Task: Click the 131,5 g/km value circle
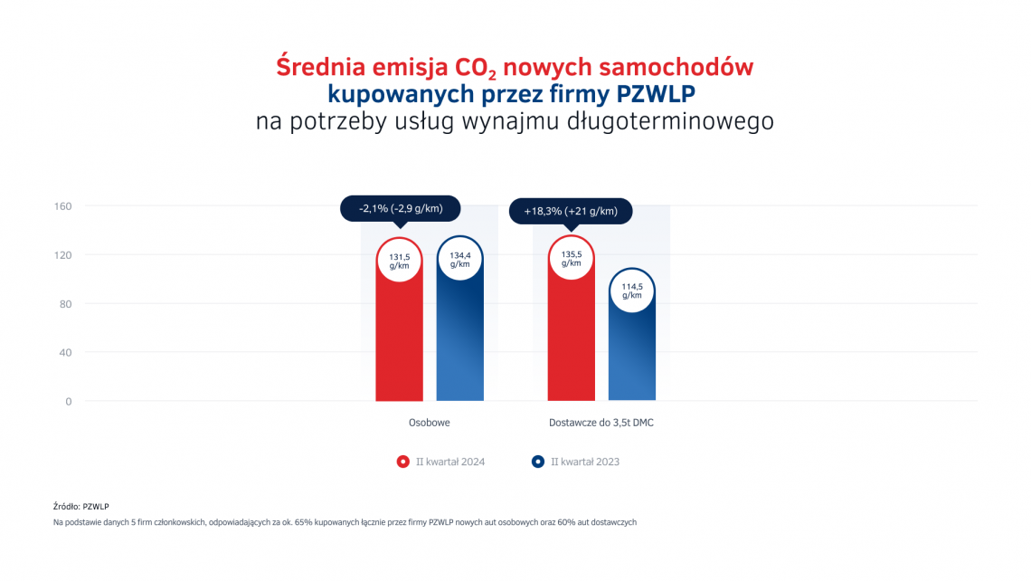click(x=399, y=260)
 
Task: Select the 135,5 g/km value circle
click(x=571, y=258)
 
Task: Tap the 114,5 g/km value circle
click(x=631, y=290)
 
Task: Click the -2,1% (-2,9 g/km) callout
click(x=401, y=209)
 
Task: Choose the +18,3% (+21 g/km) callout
click(x=571, y=212)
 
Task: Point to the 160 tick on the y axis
click(x=63, y=206)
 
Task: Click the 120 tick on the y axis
click(x=63, y=255)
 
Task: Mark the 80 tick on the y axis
click(x=65, y=304)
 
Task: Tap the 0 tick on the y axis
click(x=68, y=402)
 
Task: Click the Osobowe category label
click(x=430, y=423)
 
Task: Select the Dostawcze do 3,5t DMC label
click(x=601, y=423)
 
